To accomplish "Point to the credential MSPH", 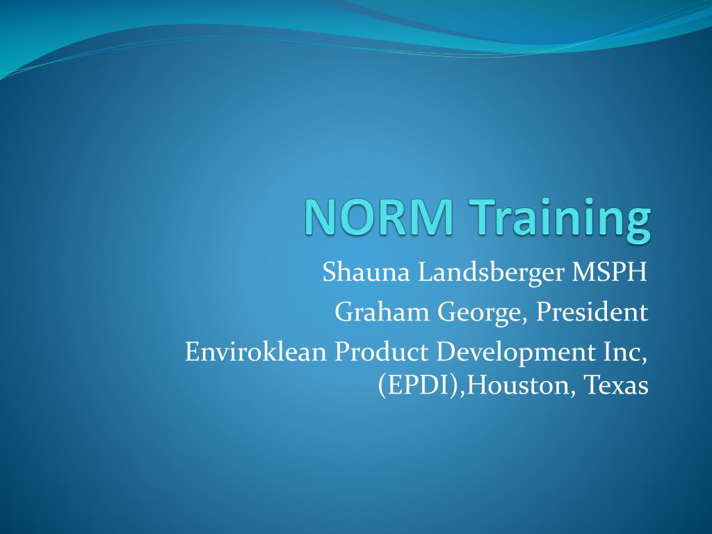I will [609, 272].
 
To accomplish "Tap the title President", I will [592, 312].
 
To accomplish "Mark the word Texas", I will [616, 385].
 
